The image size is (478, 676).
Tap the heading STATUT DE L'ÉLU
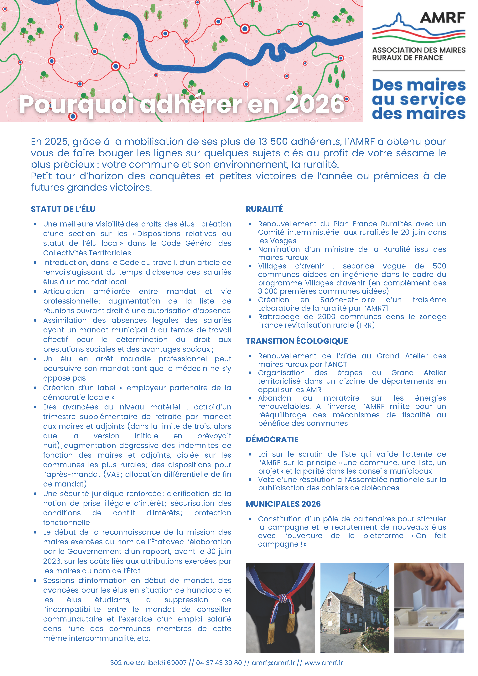(x=63, y=209)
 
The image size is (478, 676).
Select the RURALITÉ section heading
(x=264, y=209)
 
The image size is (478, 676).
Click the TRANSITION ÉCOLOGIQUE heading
(x=297, y=341)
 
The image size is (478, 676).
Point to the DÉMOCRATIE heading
(x=272, y=439)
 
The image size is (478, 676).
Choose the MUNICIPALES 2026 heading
(x=283, y=504)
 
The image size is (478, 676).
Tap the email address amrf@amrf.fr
(x=273, y=663)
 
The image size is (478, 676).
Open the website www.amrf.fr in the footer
(x=324, y=663)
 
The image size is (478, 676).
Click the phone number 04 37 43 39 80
(x=219, y=663)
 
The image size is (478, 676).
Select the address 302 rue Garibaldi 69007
(x=148, y=663)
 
